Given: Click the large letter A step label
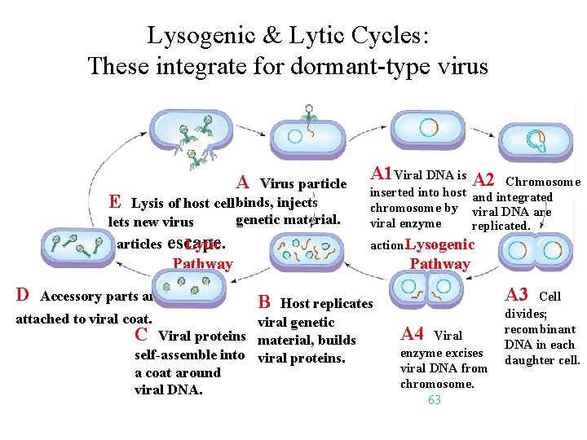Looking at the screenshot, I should (242, 182).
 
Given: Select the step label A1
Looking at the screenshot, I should (381, 174).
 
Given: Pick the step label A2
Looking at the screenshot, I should (483, 180).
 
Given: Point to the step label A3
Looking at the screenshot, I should (517, 295).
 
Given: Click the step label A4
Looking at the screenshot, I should (413, 333).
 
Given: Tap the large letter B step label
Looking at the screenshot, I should (264, 302).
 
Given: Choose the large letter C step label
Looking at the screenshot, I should (141, 334).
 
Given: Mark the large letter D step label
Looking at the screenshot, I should (23, 294).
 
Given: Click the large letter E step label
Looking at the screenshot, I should (115, 201).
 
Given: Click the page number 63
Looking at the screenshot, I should (434, 399).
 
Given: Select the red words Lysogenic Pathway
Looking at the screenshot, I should (439, 254).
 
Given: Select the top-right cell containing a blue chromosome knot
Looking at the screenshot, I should (535, 140).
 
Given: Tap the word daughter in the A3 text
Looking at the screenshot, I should (531, 359).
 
